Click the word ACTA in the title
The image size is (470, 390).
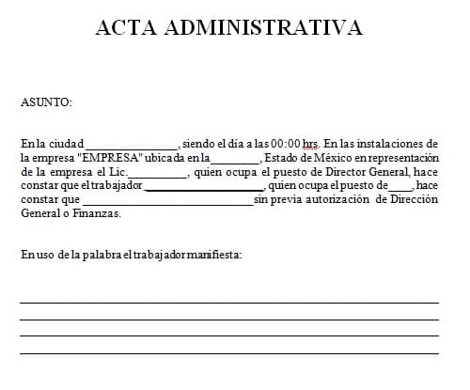pyautogui.click(x=127, y=27)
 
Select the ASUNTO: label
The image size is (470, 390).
pyautogui.click(x=46, y=102)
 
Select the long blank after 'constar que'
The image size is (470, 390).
pyautogui.click(x=167, y=203)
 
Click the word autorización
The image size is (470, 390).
pyautogui.click(x=334, y=199)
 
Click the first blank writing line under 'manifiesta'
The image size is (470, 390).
pyautogui.click(x=228, y=303)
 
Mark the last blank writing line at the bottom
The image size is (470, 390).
pyautogui.click(x=228, y=353)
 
